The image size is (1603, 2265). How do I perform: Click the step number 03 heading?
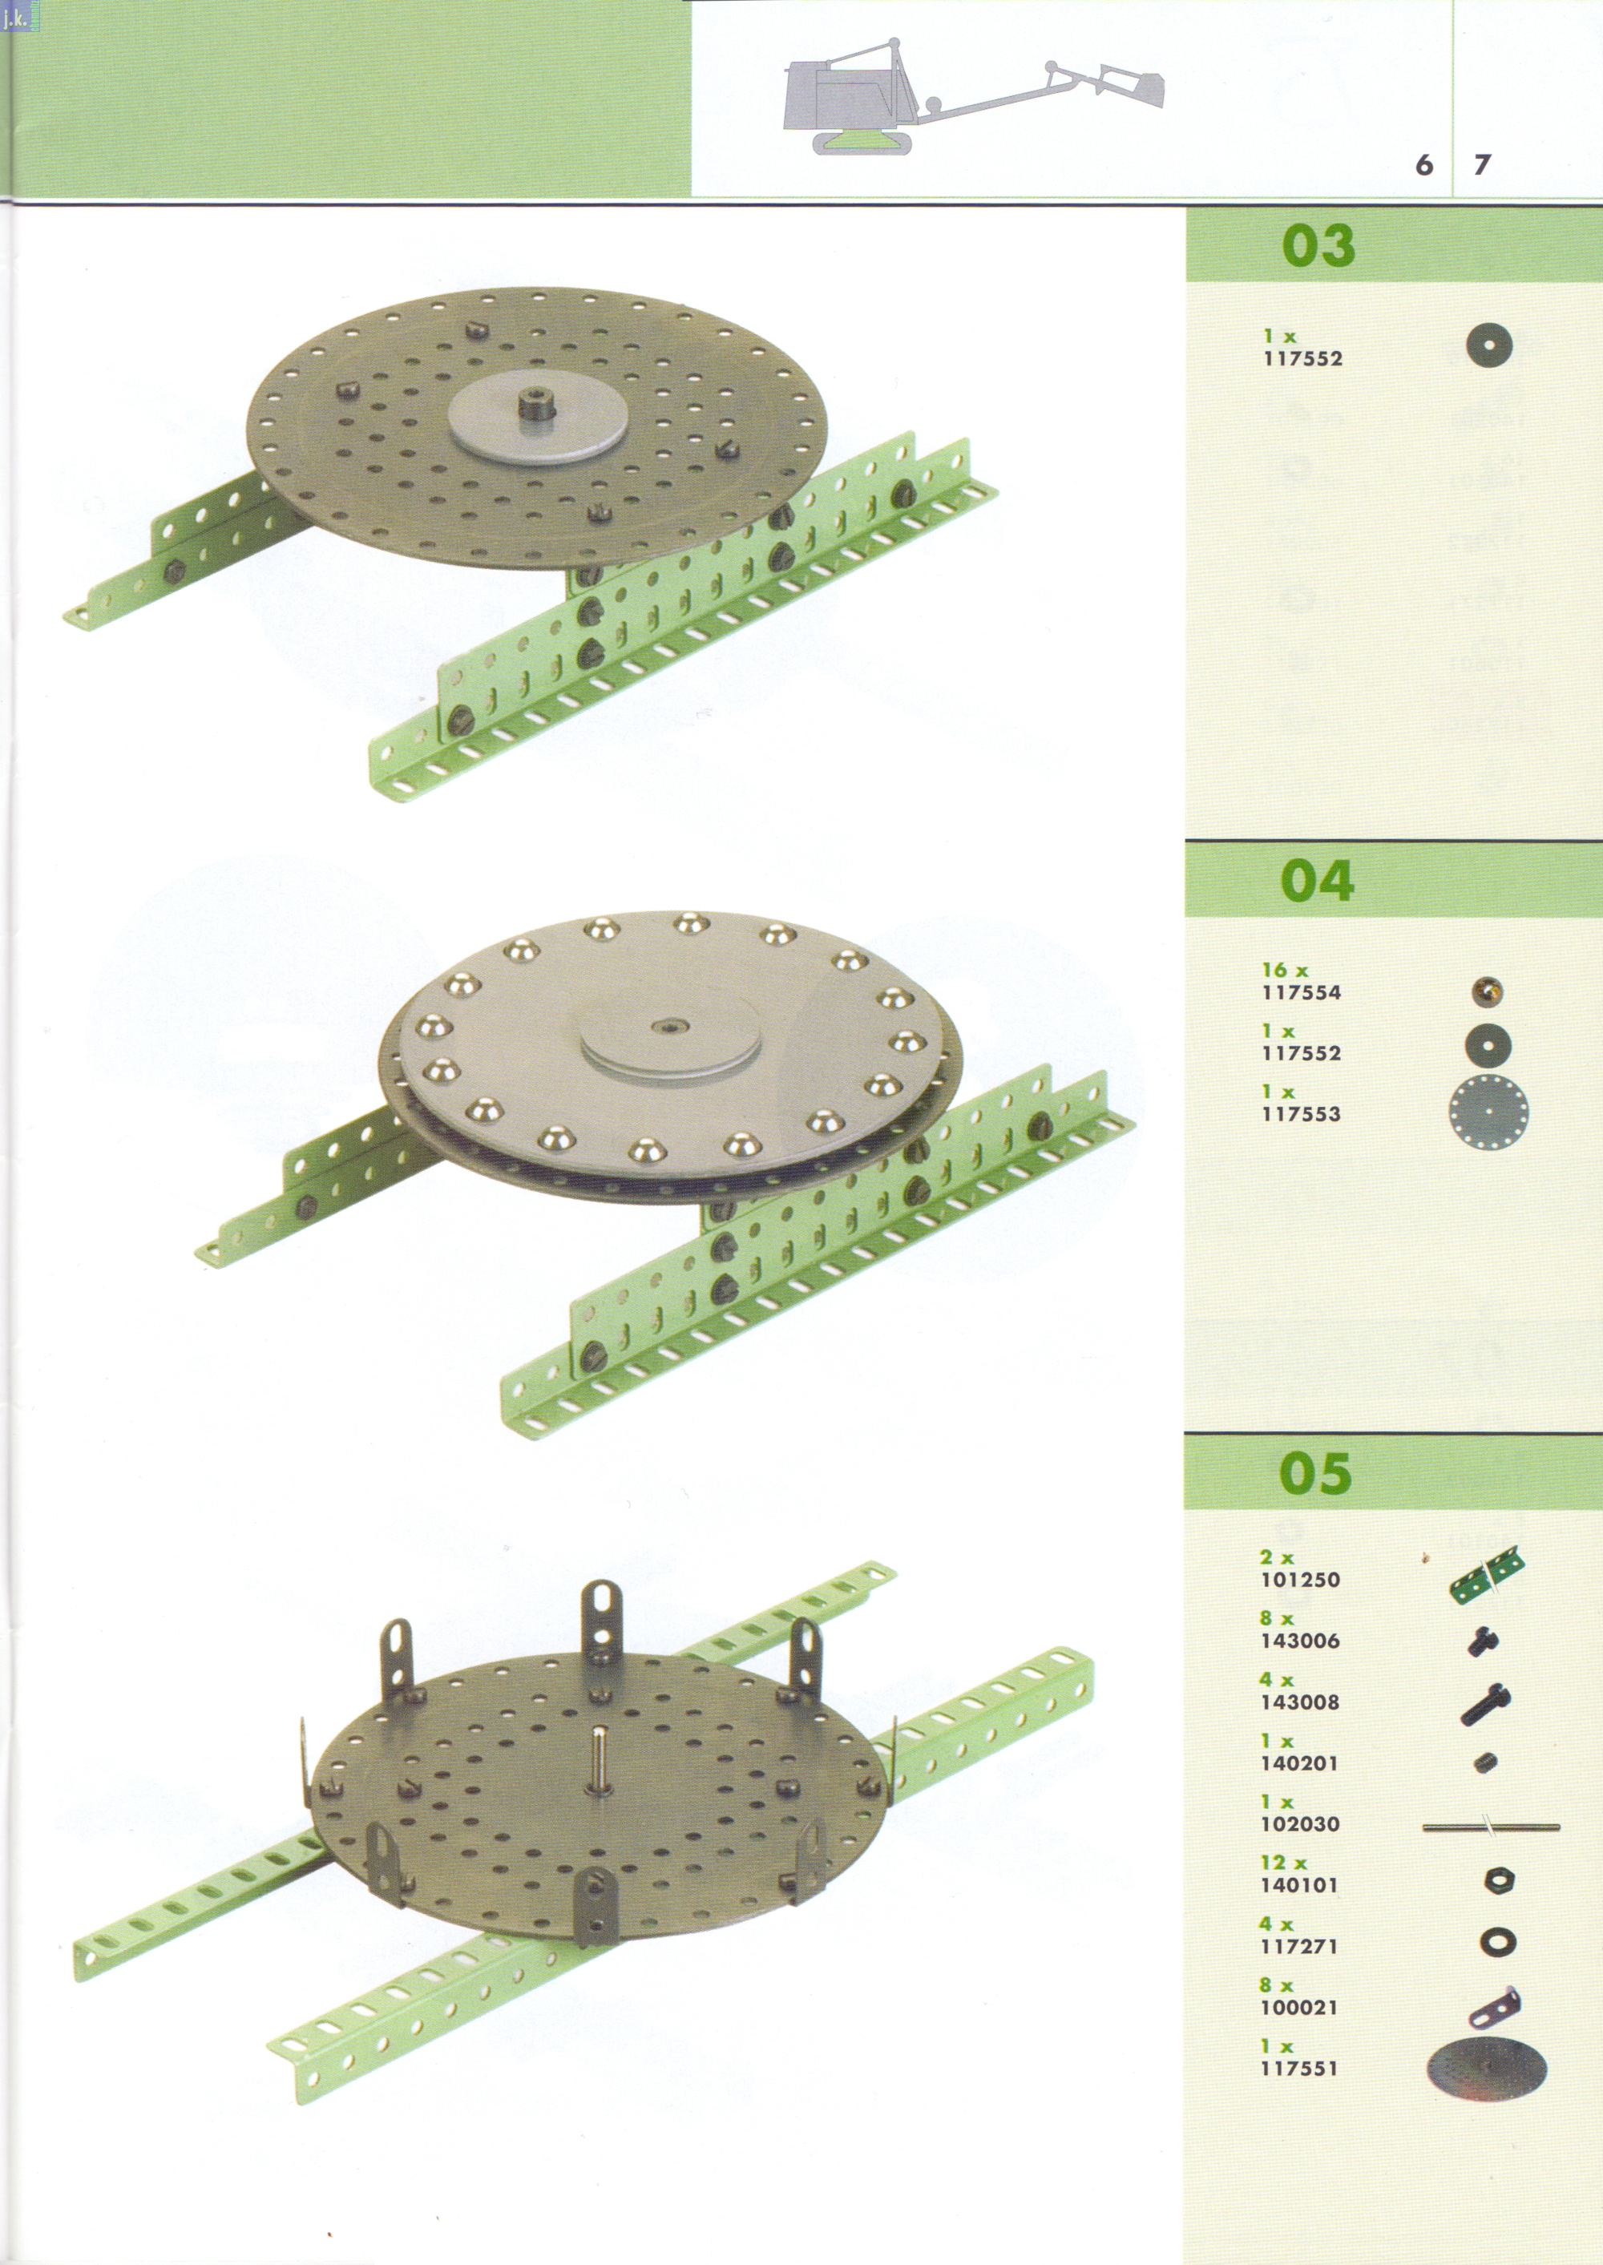(x=1318, y=246)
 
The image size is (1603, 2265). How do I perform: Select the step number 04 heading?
(x=1317, y=882)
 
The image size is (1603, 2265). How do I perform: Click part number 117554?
(x=1301, y=993)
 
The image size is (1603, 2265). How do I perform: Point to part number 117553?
(x=1301, y=1114)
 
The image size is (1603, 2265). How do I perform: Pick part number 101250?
(x=1300, y=1579)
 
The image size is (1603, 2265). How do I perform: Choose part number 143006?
(x=1300, y=1641)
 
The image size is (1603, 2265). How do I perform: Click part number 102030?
(x=1300, y=1824)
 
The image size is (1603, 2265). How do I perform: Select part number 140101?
(x=1300, y=1885)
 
